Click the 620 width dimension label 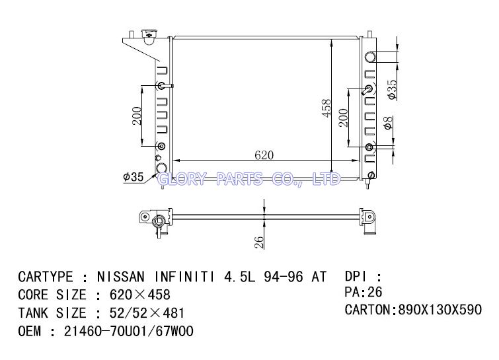[x=264, y=155]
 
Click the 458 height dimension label [x=326, y=108]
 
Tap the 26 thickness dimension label [x=259, y=242]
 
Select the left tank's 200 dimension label [x=137, y=116]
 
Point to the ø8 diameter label [x=387, y=123]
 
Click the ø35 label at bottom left [x=134, y=176]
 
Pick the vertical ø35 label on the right [x=392, y=89]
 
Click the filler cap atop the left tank [x=149, y=36]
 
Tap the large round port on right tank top [x=370, y=57]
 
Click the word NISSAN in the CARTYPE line [x=120, y=277]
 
